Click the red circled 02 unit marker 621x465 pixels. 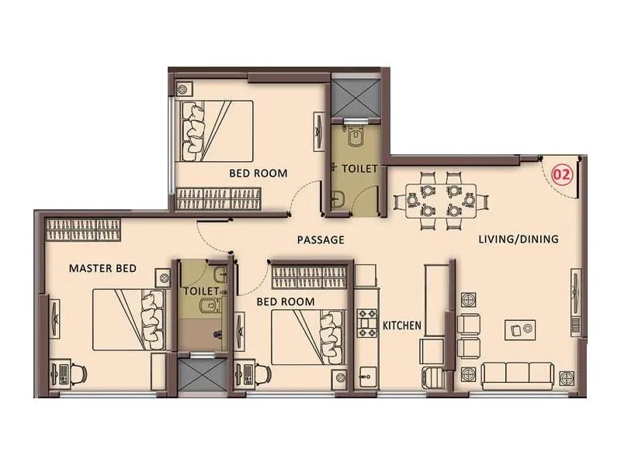coord(561,174)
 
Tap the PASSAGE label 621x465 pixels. coord(320,240)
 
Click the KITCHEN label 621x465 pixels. coord(402,325)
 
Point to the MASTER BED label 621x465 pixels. coord(102,269)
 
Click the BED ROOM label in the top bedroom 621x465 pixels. coord(258,173)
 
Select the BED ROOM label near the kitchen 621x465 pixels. coord(286,301)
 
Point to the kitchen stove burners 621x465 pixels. coord(366,322)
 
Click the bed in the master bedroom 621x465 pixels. coord(129,319)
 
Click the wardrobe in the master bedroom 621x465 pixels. coord(83,230)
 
